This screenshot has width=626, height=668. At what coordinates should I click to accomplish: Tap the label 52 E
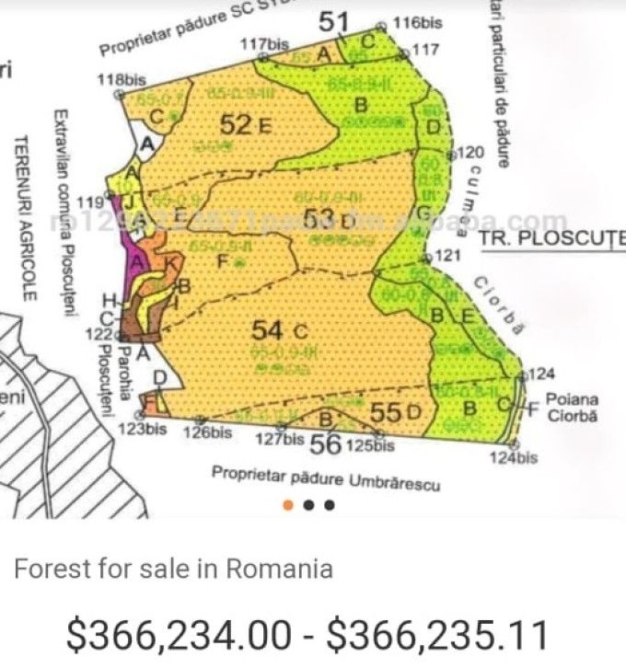coord(245,124)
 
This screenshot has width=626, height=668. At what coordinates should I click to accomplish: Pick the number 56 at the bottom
coord(326,444)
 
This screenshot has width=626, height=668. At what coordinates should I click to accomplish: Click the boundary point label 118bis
coord(121,79)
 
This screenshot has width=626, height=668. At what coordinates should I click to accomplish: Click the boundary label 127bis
coord(279,439)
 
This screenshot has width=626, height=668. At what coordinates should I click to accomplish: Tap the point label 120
coord(469,153)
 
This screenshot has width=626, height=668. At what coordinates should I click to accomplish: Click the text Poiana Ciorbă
coord(571,408)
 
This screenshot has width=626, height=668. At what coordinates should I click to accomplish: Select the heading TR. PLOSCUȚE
coord(551,238)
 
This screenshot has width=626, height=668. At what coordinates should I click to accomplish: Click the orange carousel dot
coord(288,504)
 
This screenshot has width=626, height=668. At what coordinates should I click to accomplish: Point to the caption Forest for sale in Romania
coord(173,569)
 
